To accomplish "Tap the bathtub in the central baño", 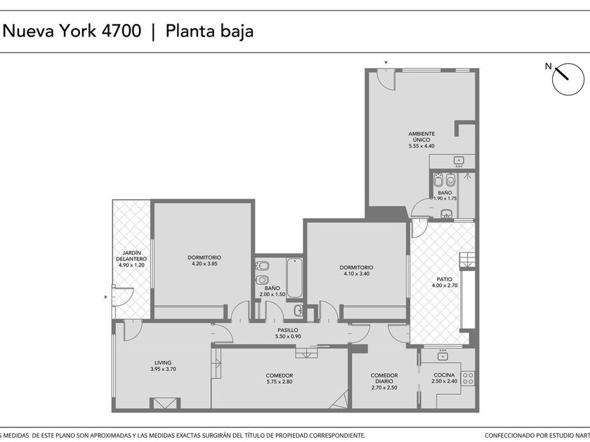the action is (x=294, y=278).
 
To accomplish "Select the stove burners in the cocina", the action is (x=468, y=378).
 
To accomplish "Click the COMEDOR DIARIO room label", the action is (x=384, y=378).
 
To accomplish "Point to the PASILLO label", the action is (x=288, y=330).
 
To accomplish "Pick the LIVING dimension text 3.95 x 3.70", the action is (x=163, y=369).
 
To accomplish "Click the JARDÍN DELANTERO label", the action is (x=131, y=256).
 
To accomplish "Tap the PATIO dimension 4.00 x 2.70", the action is (x=445, y=286).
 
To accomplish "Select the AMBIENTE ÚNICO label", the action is (x=421, y=136).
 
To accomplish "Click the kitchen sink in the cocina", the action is (x=442, y=355).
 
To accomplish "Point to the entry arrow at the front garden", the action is (x=106, y=297).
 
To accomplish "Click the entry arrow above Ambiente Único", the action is (x=386, y=62).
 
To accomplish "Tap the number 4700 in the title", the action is (x=122, y=31).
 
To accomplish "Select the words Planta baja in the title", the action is (x=209, y=31).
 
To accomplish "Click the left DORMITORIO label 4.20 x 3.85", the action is (x=204, y=260).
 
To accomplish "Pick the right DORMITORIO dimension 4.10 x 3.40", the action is (x=356, y=274).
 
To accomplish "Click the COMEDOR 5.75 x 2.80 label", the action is (x=280, y=378).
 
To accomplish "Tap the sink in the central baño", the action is (x=299, y=310).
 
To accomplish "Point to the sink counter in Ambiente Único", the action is (x=452, y=161).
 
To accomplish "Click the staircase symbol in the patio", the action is (x=467, y=260).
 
